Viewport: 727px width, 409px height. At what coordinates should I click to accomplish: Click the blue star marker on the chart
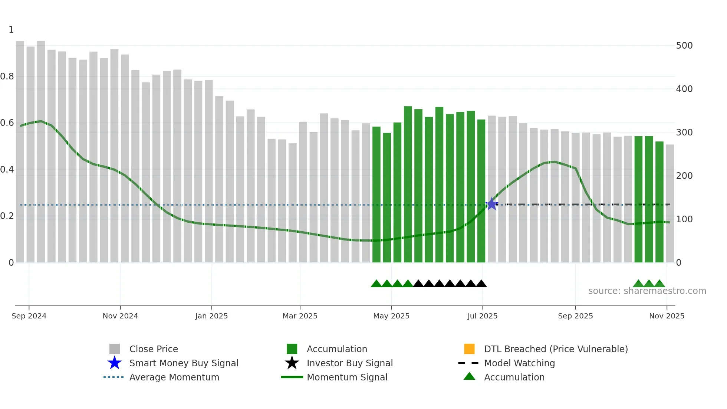click(492, 204)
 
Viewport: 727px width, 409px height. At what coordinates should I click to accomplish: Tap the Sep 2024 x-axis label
click(29, 316)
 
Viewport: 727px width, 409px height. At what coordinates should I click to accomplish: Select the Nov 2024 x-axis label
click(120, 316)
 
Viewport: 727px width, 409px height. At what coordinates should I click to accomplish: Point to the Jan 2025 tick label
click(211, 316)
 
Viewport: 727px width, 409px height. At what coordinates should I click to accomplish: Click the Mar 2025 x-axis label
click(300, 316)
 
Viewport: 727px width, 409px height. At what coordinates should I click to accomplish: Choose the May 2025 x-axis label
click(391, 316)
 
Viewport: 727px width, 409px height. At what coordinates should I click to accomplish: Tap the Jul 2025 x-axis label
click(483, 316)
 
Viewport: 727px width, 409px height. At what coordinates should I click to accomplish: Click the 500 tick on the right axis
click(684, 46)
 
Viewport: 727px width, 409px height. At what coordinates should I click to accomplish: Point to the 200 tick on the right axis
click(684, 176)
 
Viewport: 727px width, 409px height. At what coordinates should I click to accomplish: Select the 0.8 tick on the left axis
click(7, 76)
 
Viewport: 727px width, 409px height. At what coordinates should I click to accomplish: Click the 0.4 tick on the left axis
click(7, 170)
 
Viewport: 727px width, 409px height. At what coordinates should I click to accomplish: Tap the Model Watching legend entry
click(519, 363)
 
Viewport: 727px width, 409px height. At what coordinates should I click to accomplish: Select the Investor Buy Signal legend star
click(292, 363)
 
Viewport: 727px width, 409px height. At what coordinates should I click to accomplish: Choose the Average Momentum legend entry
click(174, 377)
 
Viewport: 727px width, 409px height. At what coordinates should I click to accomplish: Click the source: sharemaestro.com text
click(647, 291)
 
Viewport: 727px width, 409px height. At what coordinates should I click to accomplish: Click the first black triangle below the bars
click(418, 284)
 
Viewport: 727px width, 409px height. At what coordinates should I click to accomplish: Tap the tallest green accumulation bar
click(408, 184)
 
